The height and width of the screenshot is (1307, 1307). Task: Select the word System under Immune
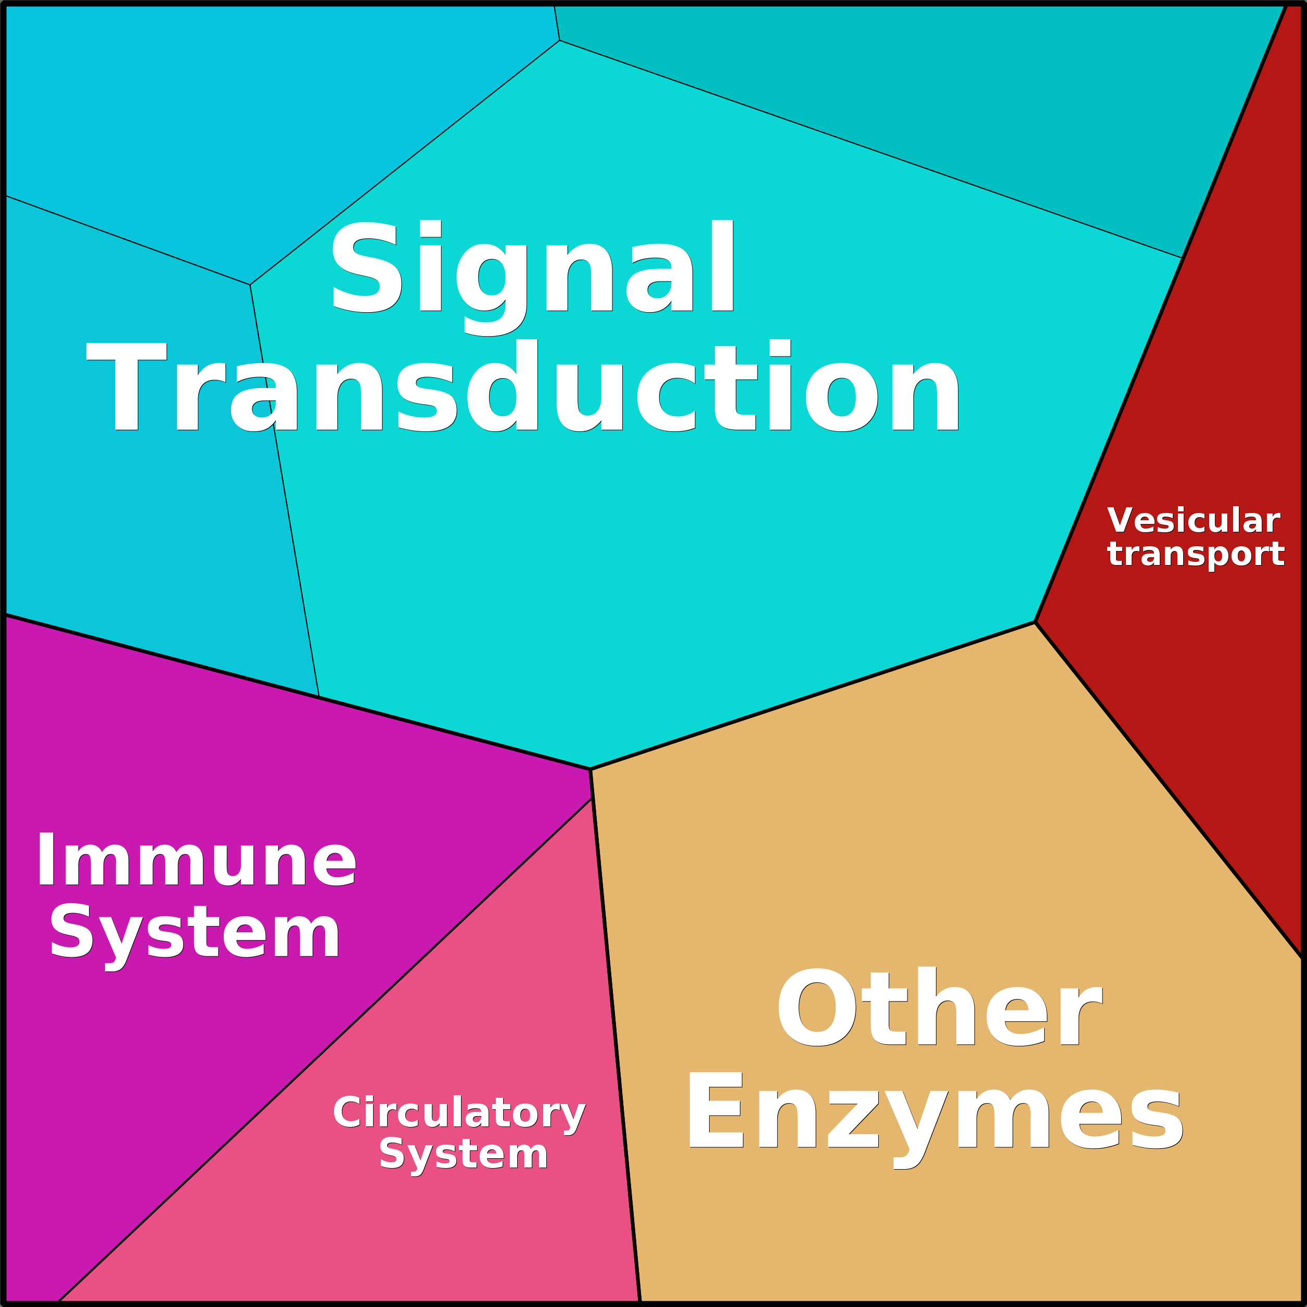(x=195, y=936)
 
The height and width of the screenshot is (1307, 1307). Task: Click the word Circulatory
(x=459, y=1113)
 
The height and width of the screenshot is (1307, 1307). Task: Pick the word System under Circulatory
(x=464, y=1154)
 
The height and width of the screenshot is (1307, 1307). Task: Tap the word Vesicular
(x=1194, y=521)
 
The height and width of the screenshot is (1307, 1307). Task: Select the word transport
(x=1195, y=554)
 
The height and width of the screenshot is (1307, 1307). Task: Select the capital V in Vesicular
(x=1122, y=520)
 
